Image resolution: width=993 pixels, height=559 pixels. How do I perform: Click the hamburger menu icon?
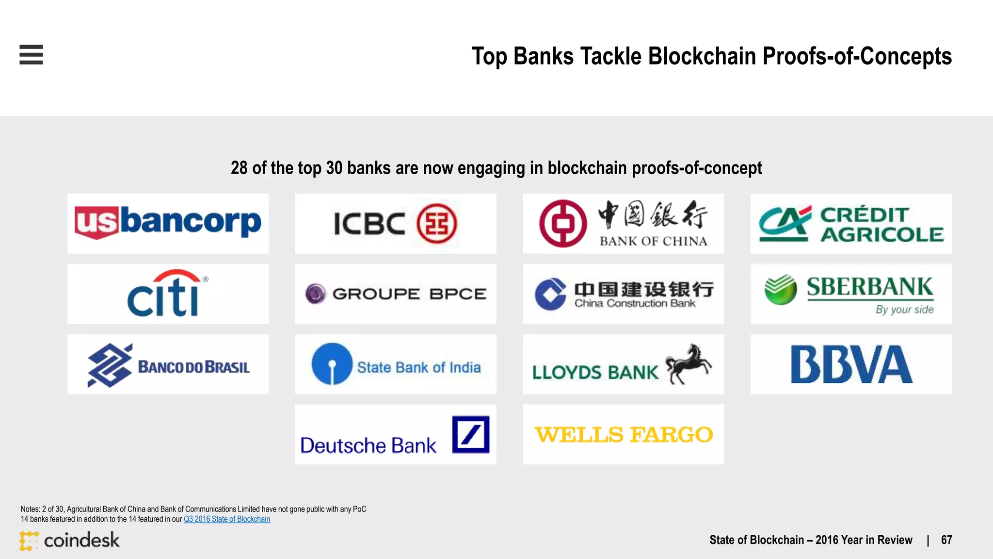pyautogui.click(x=31, y=54)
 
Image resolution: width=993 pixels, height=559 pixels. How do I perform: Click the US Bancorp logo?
pyautogui.click(x=168, y=223)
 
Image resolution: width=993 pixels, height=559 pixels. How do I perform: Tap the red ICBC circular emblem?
pyautogui.click(x=436, y=224)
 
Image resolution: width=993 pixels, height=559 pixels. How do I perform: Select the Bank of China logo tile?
pyautogui.click(x=623, y=224)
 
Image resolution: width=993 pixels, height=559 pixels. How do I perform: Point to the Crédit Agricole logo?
pyautogui.click(x=851, y=224)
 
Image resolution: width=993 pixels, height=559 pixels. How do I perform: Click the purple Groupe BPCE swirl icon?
pyautogui.click(x=316, y=294)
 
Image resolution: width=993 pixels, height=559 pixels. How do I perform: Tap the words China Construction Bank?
pyautogui.click(x=635, y=304)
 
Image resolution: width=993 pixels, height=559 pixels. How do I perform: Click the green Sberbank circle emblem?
pyautogui.click(x=781, y=290)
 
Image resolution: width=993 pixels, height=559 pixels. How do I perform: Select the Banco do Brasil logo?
pyautogui.click(x=168, y=365)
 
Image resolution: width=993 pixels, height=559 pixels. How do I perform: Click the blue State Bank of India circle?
pyautogui.click(x=332, y=364)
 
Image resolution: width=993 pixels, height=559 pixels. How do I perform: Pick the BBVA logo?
pyautogui.click(x=851, y=364)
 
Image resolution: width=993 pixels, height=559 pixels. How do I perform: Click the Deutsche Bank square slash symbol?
pyautogui.click(x=470, y=434)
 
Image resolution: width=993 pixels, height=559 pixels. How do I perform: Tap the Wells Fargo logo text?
pyautogui.click(x=624, y=435)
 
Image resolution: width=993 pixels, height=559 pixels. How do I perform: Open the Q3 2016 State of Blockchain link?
pyautogui.click(x=227, y=519)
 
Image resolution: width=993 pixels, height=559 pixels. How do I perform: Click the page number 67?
pyautogui.click(x=946, y=540)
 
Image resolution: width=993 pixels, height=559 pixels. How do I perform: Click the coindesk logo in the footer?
pyautogui.click(x=70, y=540)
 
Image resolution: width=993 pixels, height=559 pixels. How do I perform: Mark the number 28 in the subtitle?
pyautogui.click(x=239, y=168)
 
